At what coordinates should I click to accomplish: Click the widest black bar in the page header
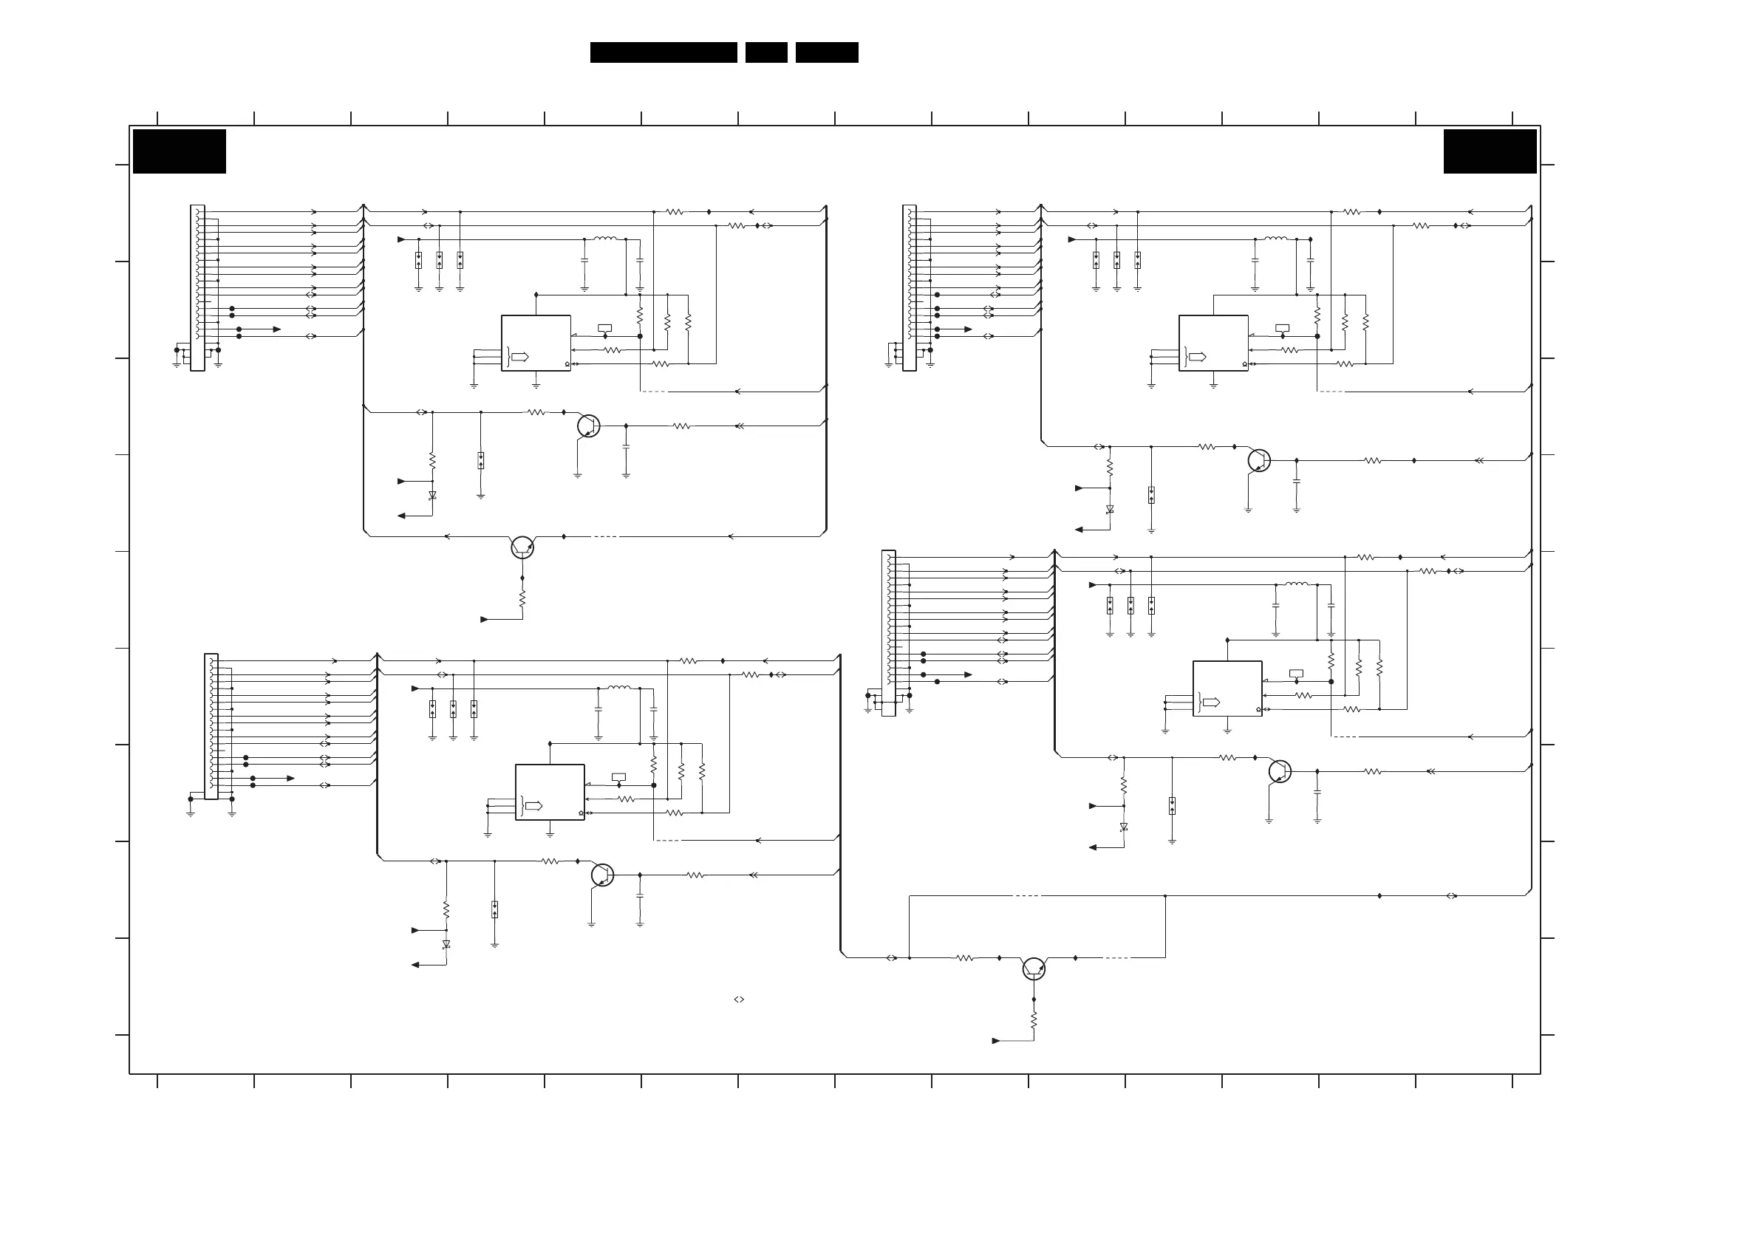tap(663, 52)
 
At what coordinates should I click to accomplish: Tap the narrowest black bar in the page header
tap(765, 52)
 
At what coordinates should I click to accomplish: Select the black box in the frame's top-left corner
tap(180, 151)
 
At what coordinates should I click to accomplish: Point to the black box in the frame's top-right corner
tap(1490, 151)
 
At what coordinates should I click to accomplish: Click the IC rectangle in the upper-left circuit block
tap(536, 343)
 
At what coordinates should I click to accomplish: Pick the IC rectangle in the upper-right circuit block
tap(1213, 343)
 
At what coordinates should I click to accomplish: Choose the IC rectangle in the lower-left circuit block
tap(550, 792)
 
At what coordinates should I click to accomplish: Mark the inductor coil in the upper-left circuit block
tap(605, 239)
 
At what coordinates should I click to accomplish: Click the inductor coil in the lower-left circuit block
tap(618, 688)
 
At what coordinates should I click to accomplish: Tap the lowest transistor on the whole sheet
tap(1033, 969)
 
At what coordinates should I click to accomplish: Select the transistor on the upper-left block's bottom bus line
tap(522, 547)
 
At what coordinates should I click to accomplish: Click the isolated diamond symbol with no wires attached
tap(739, 999)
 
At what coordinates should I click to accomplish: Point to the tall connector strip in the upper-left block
tap(197, 287)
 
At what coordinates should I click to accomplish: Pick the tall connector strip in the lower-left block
tap(211, 726)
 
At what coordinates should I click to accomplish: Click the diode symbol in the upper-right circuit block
tap(1109, 509)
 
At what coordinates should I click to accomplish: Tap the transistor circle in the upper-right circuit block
tap(1259, 461)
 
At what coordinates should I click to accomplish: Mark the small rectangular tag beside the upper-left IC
tap(605, 328)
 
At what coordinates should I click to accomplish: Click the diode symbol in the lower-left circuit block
tap(446, 944)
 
